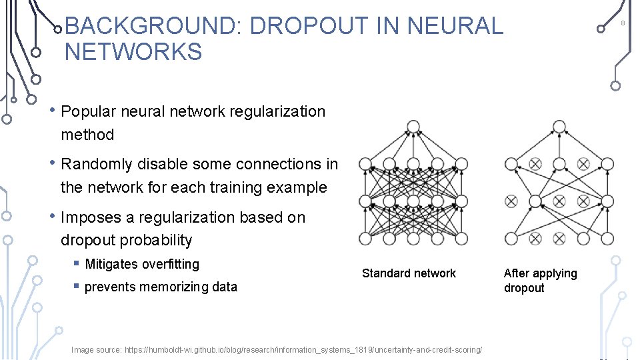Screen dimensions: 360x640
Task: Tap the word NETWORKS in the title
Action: tap(133, 51)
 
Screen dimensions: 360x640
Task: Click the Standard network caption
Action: tap(409, 273)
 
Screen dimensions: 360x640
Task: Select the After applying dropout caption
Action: tap(540, 280)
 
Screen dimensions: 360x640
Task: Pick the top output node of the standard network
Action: tap(413, 127)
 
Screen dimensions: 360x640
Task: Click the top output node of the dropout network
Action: tap(559, 127)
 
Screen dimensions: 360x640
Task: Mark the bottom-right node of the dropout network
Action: tap(607, 238)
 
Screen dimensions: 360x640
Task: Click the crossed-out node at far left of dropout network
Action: tap(511, 201)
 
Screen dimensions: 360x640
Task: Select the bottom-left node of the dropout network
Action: tap(511, 238)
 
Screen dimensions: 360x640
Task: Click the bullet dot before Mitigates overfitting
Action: tap(77, 265)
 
